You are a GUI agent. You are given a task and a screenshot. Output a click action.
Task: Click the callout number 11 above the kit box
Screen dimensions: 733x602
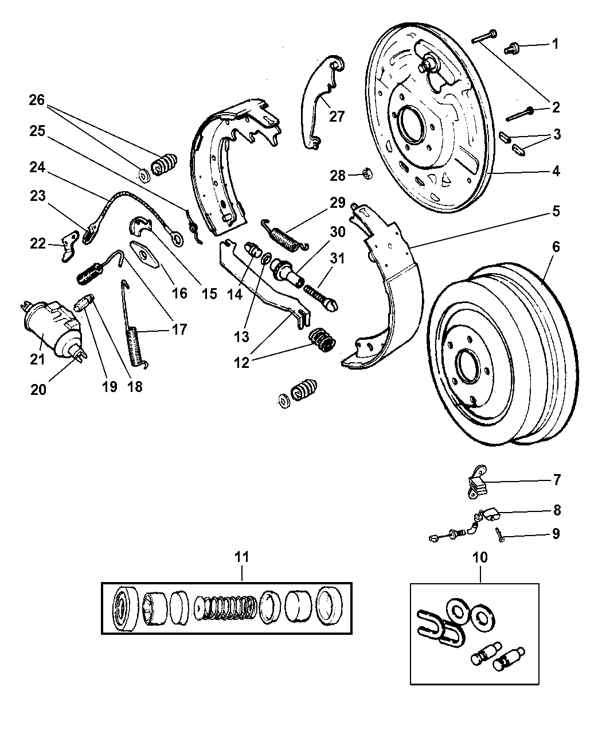[242, 556]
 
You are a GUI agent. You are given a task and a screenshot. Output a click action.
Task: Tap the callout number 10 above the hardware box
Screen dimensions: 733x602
[480, 556]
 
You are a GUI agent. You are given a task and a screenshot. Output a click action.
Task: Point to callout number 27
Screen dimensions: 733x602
[337, 117]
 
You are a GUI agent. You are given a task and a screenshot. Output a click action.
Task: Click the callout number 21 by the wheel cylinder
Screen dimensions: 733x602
[37, 360]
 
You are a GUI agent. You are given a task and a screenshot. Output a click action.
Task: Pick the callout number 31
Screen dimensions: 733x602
[338, 259]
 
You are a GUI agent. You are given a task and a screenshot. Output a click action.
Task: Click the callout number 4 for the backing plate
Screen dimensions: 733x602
[556, 170]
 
